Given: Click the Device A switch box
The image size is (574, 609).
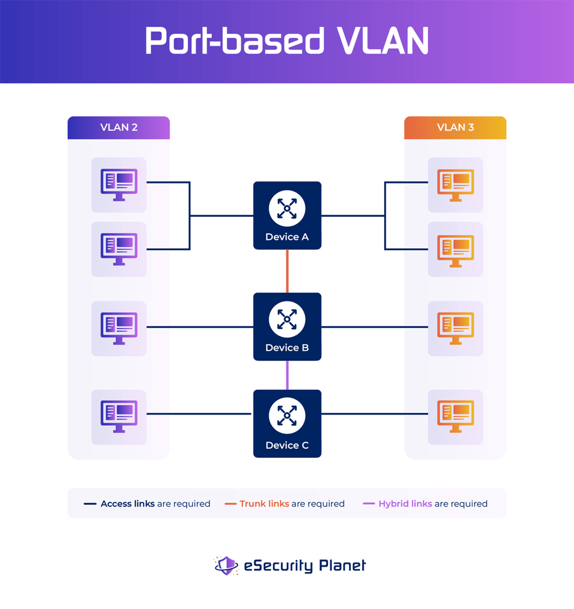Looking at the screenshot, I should pyautogui.click(x=287, y=216).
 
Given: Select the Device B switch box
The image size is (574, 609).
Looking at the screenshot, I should pyautogui.click(x=287, y=327).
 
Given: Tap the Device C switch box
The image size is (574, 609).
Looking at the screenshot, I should pyautogui.click(x=287, y=424).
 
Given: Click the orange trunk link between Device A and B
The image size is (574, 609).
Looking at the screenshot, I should pyautogui.click(x=287, y=271).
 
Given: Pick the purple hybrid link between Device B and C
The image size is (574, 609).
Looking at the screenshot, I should pyautogui.click(x=287, y=375).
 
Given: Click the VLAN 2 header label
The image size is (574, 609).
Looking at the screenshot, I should pyautogui.click(x=118, y=127).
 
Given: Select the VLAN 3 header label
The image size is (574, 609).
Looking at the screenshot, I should pyautogui.click(x=455, y=127).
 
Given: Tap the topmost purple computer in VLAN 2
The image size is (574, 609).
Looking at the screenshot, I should pyautogui.click(x=118, y=184).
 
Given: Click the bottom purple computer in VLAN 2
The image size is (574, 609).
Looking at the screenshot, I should pyautogui.click(x=118, y=416).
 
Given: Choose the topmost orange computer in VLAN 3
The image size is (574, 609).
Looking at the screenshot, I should pyautogui.click(x=456, y=184).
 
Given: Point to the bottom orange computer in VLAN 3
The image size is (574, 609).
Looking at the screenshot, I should pyautogui.click(x=456, y=416).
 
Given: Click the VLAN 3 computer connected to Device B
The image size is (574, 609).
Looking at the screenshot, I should pyautogui.click(x=456, y=328).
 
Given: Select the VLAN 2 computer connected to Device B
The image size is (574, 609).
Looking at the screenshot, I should pyautogui.click(x=118, y=328).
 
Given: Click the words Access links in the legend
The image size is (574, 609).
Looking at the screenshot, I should pyautogui.click(x=127, y=504).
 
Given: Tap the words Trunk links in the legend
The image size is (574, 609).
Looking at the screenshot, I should pyautogui.click(x=264, y=504).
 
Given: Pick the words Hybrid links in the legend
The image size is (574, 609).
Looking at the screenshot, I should pyautogui.click(x=405, y=504).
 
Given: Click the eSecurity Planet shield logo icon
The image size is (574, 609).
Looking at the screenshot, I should pyautogui.click(x=226, y=566).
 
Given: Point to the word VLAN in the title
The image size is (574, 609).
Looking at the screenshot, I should pyautogui.click(x=382, y=40).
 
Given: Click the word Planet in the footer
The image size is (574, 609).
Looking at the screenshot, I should pyautogui.click(x=341, y=566).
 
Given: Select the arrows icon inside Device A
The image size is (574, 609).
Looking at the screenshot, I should pyautogui.click(x=287, y=208).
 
